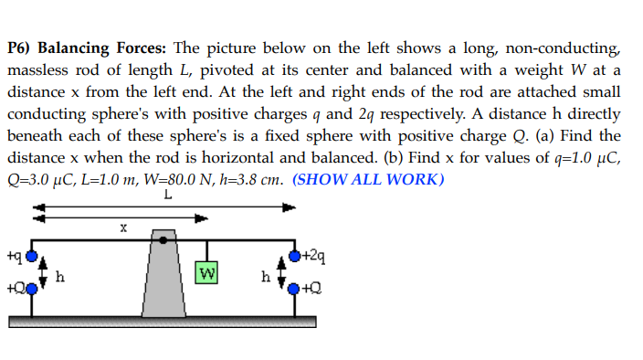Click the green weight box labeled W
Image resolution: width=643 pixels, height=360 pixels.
coord(207,272)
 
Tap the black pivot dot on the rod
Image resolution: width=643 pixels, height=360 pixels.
coord(163,239)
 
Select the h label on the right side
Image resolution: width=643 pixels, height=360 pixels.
coord(266,275)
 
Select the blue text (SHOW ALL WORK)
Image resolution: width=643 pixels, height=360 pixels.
coord(368,179)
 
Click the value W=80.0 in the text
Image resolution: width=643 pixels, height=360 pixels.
coord(168,179)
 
